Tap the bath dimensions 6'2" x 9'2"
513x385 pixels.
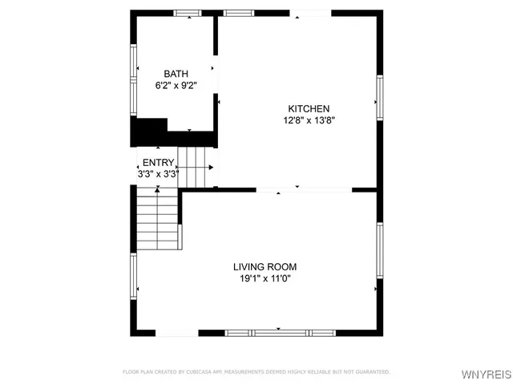tap(176, 85)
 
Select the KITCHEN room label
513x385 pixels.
tap(309, 109)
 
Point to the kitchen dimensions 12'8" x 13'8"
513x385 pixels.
tap(309, 120)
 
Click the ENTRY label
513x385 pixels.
tap(157, 162)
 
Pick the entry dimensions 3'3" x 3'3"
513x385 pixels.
tap(157, 173)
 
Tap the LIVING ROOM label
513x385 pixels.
tap(265, 267)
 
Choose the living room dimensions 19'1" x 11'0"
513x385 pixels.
tap(265, 279)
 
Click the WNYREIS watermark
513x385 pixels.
tap(484, 373)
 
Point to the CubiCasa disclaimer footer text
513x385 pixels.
tap(256, 372)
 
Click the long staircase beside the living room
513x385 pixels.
tap(157, 221)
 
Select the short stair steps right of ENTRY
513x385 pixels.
tap(196, 167)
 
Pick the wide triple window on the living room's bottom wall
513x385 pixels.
tap(279, 332)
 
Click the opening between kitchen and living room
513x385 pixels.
tap(304, 190)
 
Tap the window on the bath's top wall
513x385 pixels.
tap(188, 12)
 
